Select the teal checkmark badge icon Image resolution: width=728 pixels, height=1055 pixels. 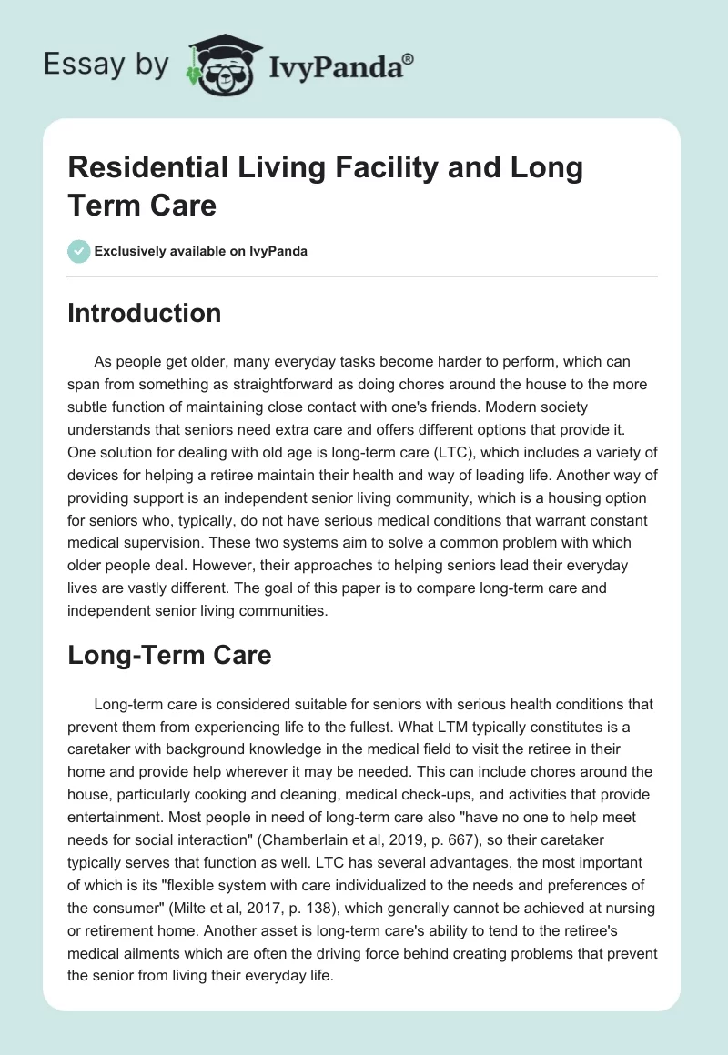tap(78, 251)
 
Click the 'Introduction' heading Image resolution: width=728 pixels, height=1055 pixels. tap(145, 314)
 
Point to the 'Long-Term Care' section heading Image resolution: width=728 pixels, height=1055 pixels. tap(169, 655)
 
